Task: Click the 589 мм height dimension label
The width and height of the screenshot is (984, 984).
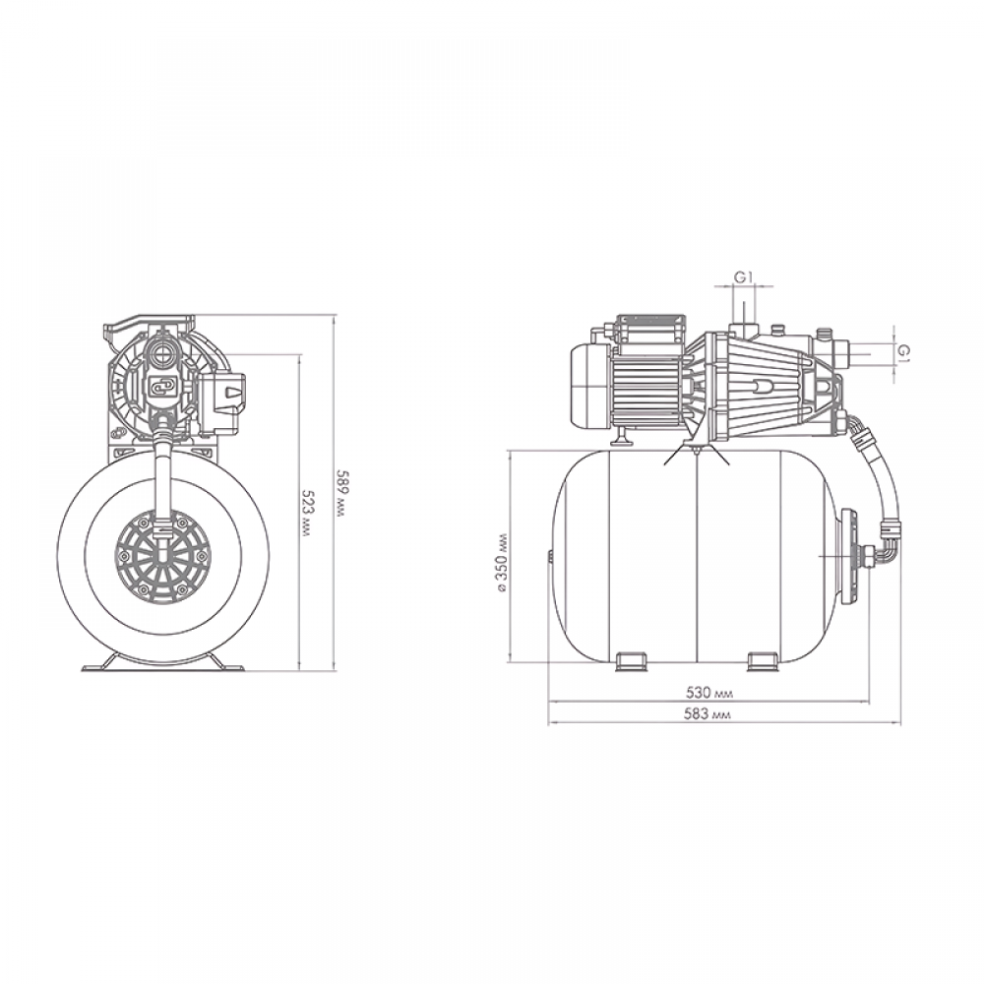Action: click(340, 493)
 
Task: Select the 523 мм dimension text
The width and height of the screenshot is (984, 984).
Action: click(307, 513)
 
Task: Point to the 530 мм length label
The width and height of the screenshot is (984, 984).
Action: click(709, 693)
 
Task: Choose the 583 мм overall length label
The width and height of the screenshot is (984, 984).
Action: click(708, 714)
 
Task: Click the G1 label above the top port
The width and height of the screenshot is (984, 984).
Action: click(744, 277)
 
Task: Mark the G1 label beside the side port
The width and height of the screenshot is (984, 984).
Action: click(902, 352)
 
